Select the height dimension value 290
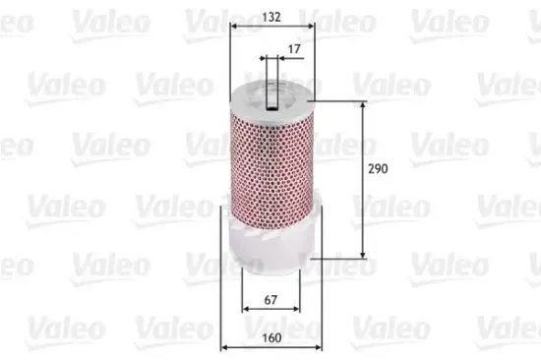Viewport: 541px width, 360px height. [378, 169]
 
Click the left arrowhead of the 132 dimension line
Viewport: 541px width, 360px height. [231, 31]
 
